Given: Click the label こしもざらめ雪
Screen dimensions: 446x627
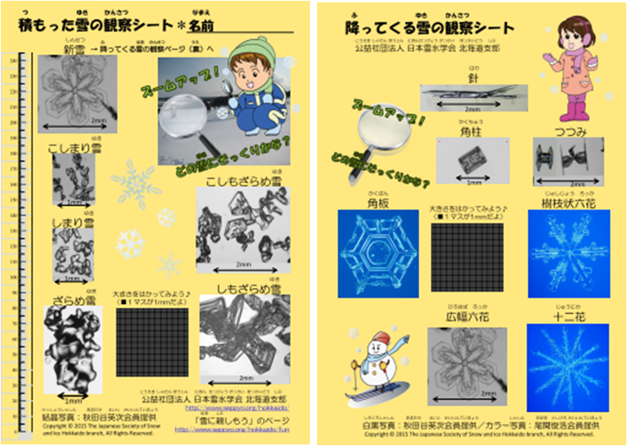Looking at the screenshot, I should (x=244, y=183).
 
